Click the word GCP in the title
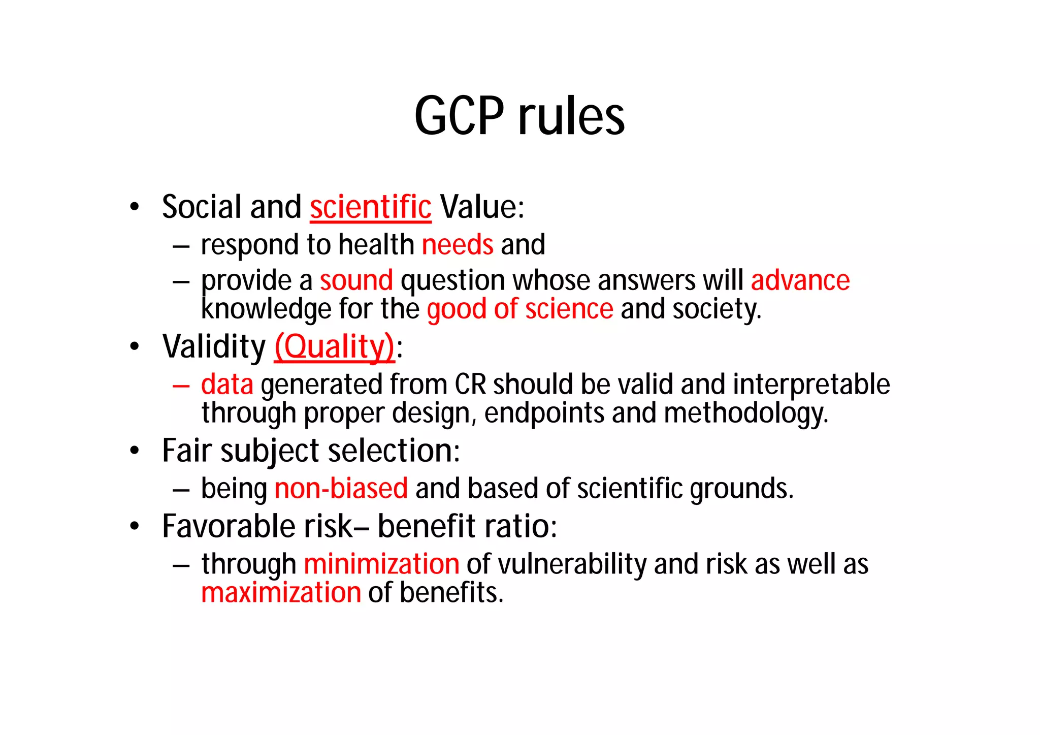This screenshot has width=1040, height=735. pyautogui.click(x=459, y=116)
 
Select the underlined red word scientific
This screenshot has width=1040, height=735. pyautogui.click(x=371, y=207)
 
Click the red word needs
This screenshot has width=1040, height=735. pyautogui.click(x=458, y=245)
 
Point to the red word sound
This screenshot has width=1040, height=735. pyautogui.click(x=356, y=280)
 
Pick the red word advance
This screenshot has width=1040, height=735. pyautogui.click(x=800, y=280)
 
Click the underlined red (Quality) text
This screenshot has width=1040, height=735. pyautogui.click(x=335, y=347)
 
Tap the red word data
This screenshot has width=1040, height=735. pyautogui.click(x=227, y=385)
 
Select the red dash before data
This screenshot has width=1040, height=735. pyautogui.click(x=181, y=386)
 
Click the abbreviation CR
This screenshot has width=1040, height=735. pyautogui.click(x=470, y=385)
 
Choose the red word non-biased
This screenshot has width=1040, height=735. pyautogui.click(x=341, y=489)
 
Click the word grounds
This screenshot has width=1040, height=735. pyautogui.click(x=741, y=489)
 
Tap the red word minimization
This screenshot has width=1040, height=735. pyautogui.click(x=381, y=564)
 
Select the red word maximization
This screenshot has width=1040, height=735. pyautogui.click(x=281, y=593)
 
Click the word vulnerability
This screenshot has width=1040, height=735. pyautogui.click(x=572, y=564)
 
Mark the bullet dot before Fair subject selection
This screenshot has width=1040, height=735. pyautogui.click(x=134, y=451)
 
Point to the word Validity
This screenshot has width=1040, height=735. pyautogui.click(x=214, y=347)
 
